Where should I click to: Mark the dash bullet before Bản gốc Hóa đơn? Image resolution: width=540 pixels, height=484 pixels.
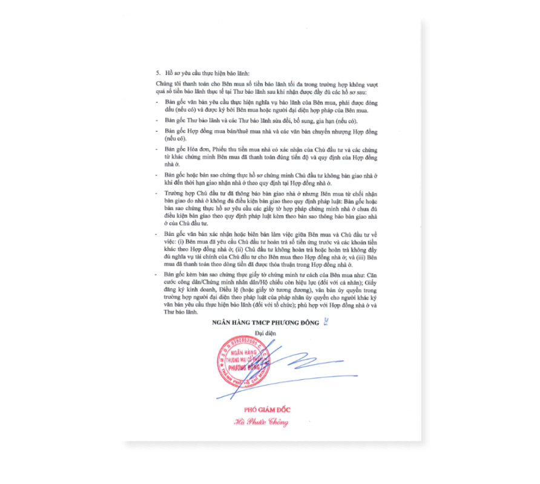click(x=157, y=149)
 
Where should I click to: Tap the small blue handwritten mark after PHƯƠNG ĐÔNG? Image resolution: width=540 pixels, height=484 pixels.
click(x=327, y=322)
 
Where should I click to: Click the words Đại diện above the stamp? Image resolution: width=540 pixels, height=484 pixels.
click(x=265, y=333)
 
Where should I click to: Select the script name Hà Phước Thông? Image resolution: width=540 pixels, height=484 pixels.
click(x=262, y=422)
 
